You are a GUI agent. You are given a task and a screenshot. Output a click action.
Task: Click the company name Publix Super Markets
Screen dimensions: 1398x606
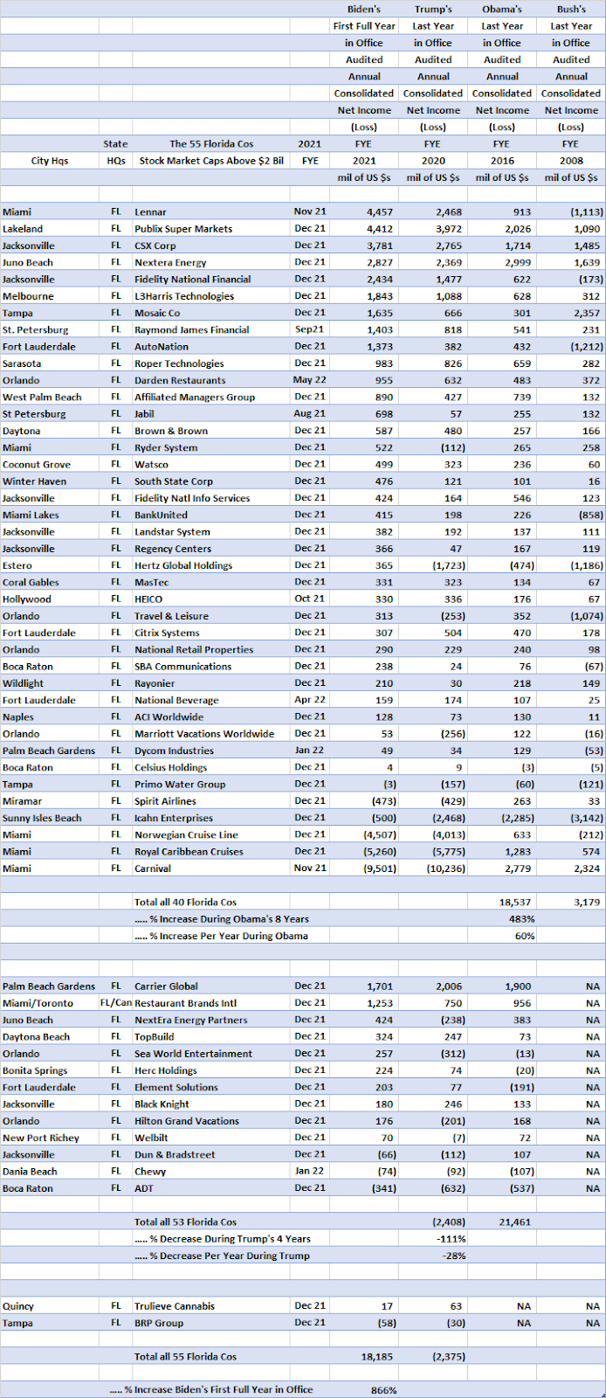[x=183, y=229]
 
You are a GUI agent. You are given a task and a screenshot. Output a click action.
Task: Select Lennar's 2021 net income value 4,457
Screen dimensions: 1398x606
[x=379, y=212]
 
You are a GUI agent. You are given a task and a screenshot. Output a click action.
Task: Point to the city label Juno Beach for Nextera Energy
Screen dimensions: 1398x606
[x=27, y=262]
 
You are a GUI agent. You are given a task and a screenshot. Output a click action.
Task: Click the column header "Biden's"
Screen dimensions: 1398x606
[x=364, y=10]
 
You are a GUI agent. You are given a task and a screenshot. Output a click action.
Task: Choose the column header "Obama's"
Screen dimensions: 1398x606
[x=502, y=10]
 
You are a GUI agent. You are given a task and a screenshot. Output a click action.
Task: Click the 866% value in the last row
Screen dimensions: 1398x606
[x=383, y=1390]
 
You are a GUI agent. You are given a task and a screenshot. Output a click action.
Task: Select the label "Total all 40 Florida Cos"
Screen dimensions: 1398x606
[x=185, y=903]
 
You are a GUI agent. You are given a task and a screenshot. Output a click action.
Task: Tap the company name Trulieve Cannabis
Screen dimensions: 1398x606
[x=175, y=1306]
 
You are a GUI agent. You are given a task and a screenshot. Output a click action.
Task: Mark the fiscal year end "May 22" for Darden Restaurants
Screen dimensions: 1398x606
[x=310, y=380]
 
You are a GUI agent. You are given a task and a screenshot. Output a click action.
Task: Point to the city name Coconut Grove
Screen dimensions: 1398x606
[x=37, y=465]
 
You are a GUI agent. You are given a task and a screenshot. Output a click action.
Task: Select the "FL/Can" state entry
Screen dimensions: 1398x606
[x=115, y=1003]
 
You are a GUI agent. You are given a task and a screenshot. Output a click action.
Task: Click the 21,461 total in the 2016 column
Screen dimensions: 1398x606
[x=514, y=1222]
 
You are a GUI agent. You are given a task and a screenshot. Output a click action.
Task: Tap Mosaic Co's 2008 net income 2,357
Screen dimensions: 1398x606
[x=585, y=313]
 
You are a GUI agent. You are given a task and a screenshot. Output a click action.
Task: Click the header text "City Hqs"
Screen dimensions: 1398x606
[x=49, y=161]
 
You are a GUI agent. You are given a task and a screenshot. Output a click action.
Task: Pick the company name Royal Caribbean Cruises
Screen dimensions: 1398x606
[x=189, y=852]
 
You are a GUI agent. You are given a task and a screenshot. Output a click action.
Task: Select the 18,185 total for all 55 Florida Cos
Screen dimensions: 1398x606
[x=376, y=1357]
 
